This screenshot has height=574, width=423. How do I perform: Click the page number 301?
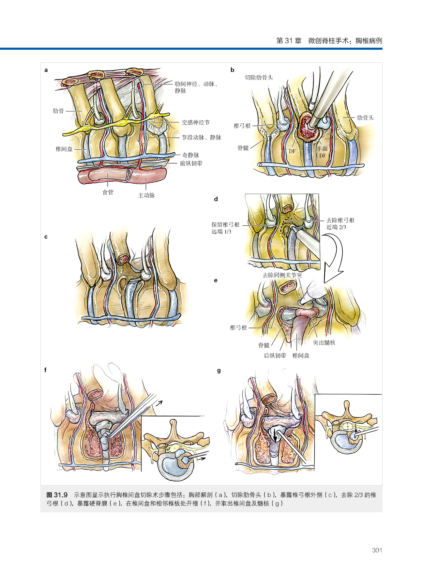coord(377,550)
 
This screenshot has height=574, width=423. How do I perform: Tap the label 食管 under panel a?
coord(108,192)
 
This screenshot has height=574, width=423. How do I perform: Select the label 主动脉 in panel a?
coord(146,195)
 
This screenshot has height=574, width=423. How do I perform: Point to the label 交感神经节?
coord(195,122)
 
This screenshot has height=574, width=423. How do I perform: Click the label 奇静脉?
coord(191,155)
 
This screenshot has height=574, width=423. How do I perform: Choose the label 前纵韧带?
coord(191,163)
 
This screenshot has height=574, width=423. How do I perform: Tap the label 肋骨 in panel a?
coord(58,111)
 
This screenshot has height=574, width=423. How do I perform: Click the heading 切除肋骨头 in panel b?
coord(259,77)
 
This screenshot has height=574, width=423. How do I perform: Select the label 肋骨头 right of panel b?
coord(365,118)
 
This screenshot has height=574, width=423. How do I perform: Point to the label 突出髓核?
coord(324,343)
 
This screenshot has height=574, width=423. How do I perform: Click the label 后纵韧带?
coord(275,356)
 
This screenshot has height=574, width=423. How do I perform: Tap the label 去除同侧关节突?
coord(282,275)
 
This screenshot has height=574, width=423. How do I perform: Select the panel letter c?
coord(46,237)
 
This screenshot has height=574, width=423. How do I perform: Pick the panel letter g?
coord(219,371)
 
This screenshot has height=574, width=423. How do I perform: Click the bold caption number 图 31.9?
coord(57,495)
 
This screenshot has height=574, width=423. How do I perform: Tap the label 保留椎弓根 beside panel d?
coord(225,225)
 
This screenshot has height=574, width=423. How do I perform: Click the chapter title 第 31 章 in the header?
coord(289,41)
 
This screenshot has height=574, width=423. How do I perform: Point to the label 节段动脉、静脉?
coord(201,137)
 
